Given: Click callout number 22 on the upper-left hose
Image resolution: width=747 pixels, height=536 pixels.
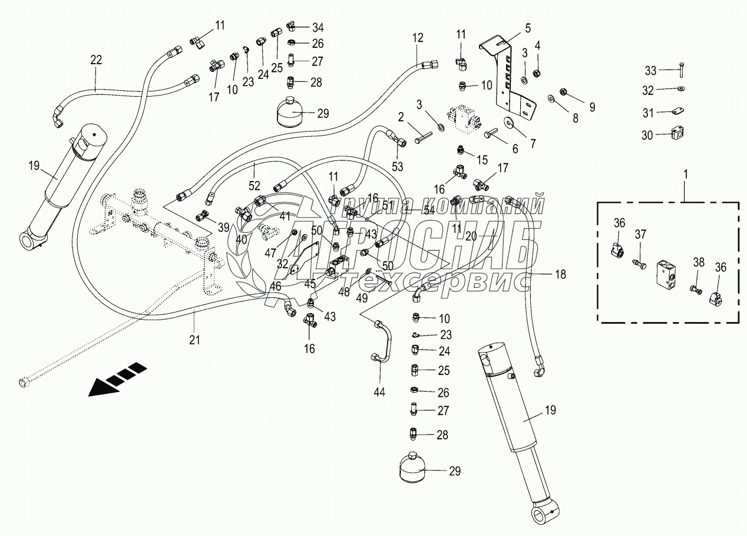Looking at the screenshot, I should coord(95,59).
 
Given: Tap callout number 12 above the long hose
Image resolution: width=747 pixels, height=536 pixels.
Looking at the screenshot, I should coord(418,38).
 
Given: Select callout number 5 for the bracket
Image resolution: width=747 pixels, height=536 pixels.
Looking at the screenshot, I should coord(528,27).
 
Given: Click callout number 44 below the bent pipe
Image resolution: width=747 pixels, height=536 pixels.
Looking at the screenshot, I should coord(379,391).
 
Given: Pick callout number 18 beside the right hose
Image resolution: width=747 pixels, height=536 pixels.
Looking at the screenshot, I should coord(560,274).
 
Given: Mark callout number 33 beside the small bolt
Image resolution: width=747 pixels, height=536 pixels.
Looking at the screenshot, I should coord(650,71).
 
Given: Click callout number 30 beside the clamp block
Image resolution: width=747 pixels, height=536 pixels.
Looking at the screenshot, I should coord(647,135).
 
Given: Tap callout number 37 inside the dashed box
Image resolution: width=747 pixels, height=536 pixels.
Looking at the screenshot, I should coord(640,235).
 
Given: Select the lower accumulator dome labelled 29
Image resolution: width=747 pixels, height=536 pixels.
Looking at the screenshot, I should coord(415,470).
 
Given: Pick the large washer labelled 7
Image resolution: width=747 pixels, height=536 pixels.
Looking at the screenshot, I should coord(508,123).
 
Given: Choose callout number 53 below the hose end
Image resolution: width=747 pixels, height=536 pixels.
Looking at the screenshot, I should coord(398,166).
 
